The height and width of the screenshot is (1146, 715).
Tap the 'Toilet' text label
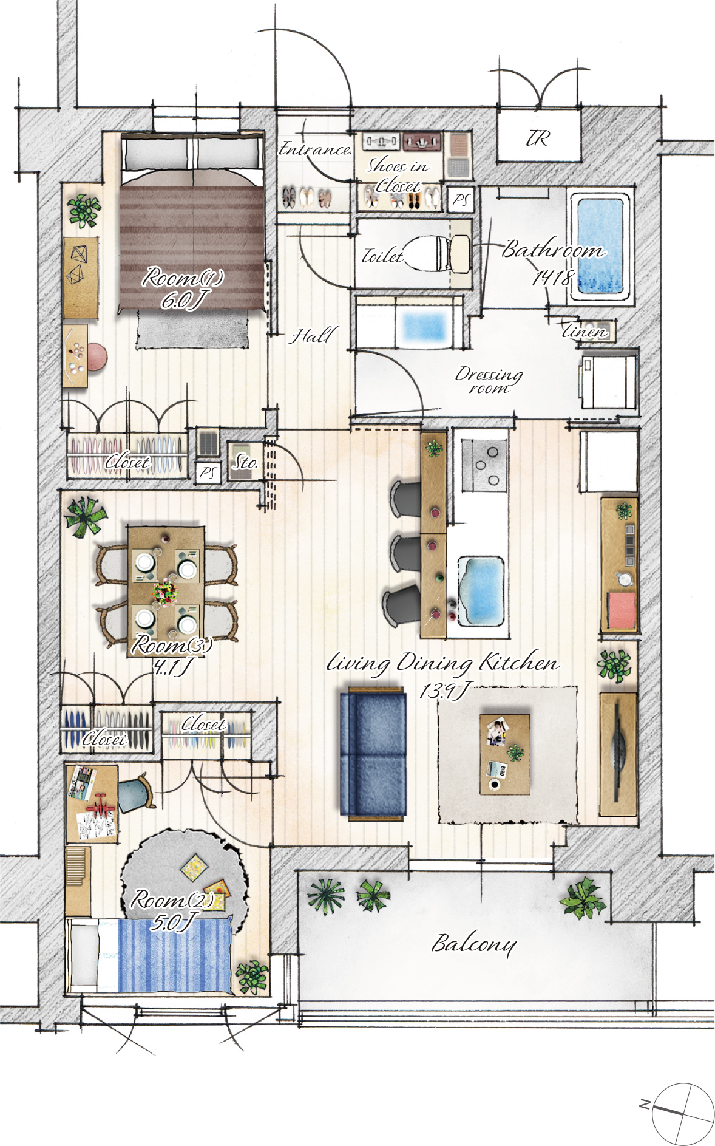[x=382, y=256]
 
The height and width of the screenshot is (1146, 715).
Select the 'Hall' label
[x=312, y=335]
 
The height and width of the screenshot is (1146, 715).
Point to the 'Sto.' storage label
[x=245, y=463]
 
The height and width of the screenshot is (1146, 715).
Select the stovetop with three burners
[x=484, y=465]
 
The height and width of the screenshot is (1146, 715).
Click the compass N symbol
[x=645, y=1103]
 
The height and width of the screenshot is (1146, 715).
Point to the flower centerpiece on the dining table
[x=165, y=591]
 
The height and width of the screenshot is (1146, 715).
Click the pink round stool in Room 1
[x=97, y=356]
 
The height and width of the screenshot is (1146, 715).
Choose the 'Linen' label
[x=585, y=332]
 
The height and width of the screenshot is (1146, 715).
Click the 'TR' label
[x=538, y=138]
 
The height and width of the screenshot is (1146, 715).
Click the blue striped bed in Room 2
[x=148, y=955]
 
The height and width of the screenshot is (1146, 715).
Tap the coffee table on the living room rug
[x=505, y=754]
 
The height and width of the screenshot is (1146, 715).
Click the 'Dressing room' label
[x=489, y=381]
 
